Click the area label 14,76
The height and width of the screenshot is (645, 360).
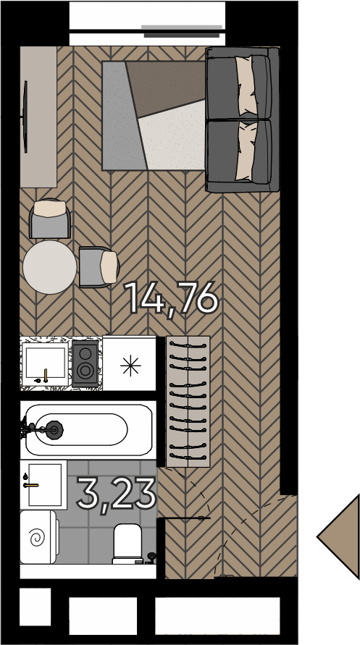172,298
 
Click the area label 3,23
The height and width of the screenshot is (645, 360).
117,494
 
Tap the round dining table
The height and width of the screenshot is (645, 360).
49,266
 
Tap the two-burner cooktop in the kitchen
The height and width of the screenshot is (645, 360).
85,363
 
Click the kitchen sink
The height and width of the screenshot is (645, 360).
45,364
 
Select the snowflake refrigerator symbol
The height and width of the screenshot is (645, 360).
130,366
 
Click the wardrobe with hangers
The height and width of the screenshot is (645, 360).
188,401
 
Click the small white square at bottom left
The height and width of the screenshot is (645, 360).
35,607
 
